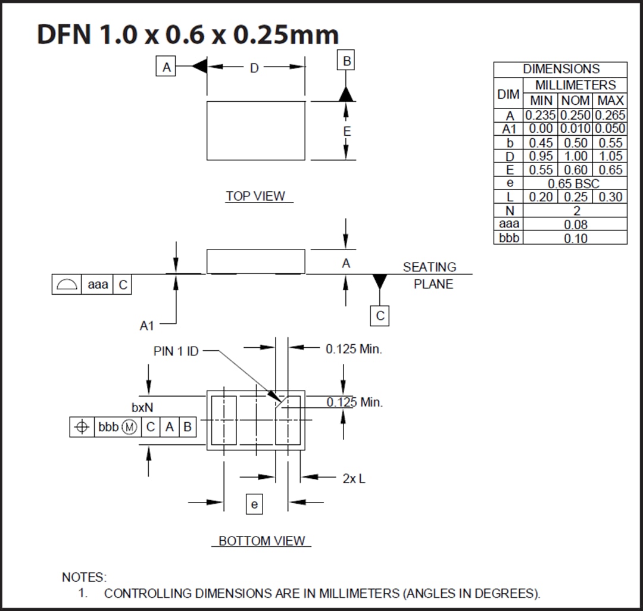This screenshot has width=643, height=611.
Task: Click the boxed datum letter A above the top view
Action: tap(167, 67)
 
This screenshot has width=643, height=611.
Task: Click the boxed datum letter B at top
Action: tap(347, 61)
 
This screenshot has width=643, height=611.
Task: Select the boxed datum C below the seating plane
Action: tap(380, 316)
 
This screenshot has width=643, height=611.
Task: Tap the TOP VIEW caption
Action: tap(255, 196)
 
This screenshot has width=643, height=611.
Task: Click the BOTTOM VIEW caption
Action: tap(262, 541)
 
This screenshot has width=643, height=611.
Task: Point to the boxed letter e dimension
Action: tap(254, 505)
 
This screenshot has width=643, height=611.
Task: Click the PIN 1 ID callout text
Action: tap(176, 351)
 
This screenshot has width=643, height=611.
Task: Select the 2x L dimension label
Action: tap(354, 478)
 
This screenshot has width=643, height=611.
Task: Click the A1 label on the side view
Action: tap(147, 325)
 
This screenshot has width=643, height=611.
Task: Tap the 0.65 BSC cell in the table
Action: tap(573, 183)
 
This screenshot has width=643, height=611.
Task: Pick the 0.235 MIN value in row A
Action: tap(540, 115)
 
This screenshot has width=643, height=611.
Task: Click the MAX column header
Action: tap(610, 101)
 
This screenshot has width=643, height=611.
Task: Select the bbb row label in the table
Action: tap(508, 238)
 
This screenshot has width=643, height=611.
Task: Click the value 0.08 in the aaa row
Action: tap(575, 225)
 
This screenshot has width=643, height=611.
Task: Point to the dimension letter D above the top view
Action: tap(254, 68)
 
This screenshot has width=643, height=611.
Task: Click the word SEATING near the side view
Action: tap(429, 267)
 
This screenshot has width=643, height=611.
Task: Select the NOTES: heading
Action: tap(84, 577)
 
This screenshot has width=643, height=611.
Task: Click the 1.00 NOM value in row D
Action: tap(575, 156)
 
